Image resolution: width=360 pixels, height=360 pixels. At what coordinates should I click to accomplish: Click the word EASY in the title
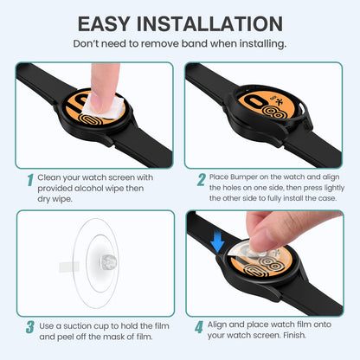(x=104, y=24)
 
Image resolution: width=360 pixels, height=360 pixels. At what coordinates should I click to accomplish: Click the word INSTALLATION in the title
(x=209, y=24)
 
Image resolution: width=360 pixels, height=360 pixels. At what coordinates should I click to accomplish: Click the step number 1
(x=30, y=180)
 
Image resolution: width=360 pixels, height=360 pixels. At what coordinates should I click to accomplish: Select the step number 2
(x=202, y=179)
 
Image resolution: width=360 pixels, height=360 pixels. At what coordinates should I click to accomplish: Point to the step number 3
(x=30, y=327)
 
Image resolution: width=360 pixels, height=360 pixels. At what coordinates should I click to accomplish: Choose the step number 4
(x=199, y=327)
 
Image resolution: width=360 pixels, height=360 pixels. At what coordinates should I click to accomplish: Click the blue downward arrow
(x=217, y=242)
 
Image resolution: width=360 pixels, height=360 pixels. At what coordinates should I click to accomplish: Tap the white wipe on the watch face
(x=103, y=106)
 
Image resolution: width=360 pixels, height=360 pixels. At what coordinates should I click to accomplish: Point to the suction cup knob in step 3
(x=108, y=262)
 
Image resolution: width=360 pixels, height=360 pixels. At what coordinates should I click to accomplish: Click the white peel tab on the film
(x=69, y=267)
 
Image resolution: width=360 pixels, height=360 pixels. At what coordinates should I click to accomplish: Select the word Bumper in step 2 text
(x=244, y=177)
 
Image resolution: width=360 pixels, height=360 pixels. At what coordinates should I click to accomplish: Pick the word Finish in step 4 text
(x=294, y=335)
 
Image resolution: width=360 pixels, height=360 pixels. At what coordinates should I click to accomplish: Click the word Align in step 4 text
(x=217, y=325)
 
